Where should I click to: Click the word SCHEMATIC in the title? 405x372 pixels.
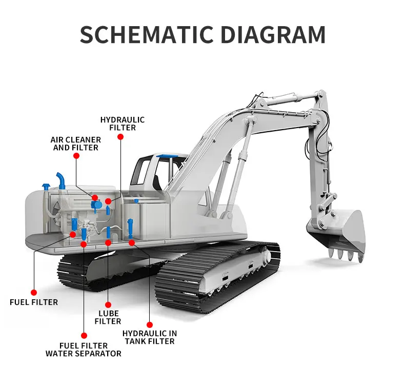tap(143, 35)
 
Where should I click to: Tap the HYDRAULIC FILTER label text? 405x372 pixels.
tap(123, 123)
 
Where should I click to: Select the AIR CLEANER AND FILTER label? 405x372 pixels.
tap(76, 143)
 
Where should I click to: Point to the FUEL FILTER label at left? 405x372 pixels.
tap(34, 302)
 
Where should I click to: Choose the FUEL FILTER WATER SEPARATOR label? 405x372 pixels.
tap(84, 349)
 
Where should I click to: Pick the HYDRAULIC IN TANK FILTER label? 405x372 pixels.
tap(149, 337)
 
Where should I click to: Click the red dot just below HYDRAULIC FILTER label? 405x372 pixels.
tap(120, 137)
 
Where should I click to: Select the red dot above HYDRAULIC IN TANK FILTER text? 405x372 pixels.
tap(150, 324)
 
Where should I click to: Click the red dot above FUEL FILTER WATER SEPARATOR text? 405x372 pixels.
tap(84, 336)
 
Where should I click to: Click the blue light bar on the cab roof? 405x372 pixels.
tap(167, 154)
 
